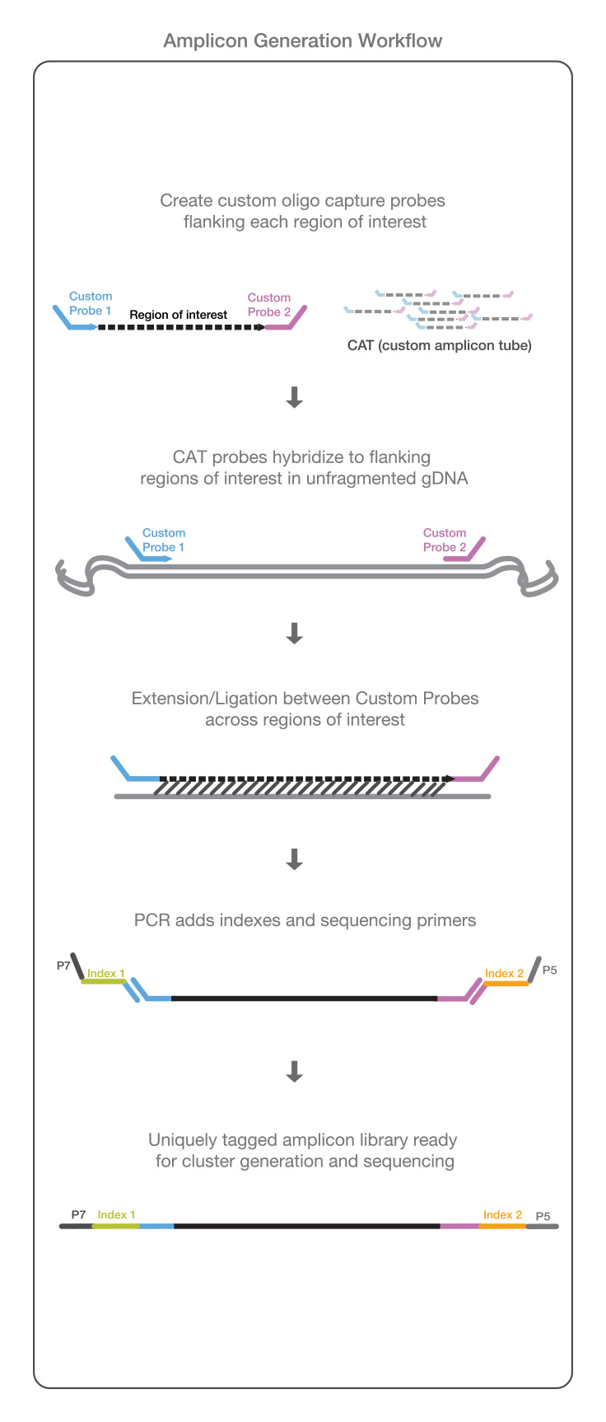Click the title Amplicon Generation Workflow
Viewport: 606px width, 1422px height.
(302, 40)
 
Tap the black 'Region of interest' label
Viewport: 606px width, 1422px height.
(178, 315)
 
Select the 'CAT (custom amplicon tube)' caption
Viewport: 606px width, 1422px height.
(439, 345)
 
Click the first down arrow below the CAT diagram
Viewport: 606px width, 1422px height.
(294, 398)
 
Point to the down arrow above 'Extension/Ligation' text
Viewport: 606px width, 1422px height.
(294, 633)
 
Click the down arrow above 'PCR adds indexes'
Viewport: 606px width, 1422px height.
(294, 859)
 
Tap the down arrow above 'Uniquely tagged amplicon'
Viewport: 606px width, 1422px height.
(294, 1071)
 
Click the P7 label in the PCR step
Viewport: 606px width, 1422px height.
(63, 966)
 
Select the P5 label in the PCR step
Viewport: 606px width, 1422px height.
(549, 970)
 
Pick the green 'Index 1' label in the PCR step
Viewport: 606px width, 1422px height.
(106, 973)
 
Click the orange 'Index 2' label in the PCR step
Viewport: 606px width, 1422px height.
(504, 973)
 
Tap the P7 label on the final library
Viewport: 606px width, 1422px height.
(78, 1214)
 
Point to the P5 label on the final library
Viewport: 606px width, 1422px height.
(543, 1216)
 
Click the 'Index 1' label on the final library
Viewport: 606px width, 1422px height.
(116, 1214)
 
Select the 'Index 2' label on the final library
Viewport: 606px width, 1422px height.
(502, 1214)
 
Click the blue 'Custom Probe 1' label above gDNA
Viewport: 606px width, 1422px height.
(163, 540)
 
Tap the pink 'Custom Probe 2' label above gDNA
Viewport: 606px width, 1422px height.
(445, 540)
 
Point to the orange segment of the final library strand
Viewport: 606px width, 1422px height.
(502, 1226)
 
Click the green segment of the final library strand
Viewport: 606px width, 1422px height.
(116, 1226)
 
